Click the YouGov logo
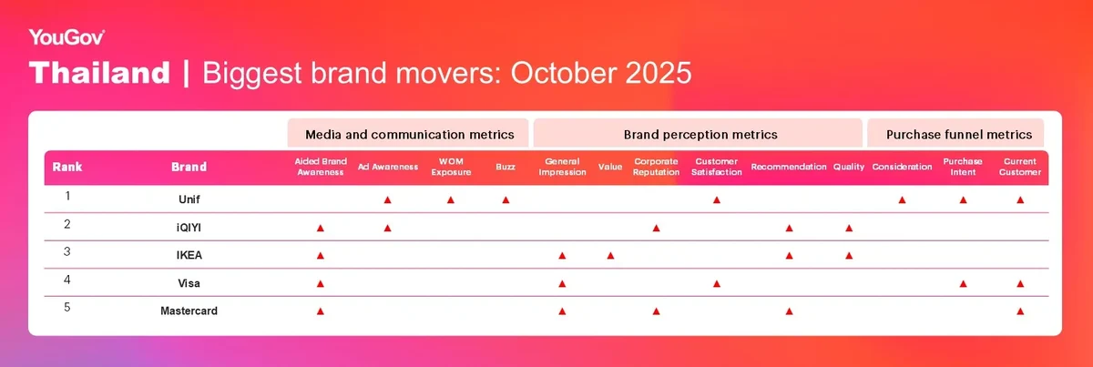point(66,37)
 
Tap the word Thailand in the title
point(99,73)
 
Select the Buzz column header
point(506,167)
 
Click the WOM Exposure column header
point(451,167)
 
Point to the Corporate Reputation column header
point(656,167)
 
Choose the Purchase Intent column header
point(963,167)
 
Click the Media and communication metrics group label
point(409,134)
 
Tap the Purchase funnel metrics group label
point(959,134)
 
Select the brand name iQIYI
point(189,228)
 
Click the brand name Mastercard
point(189,311)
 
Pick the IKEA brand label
point(189,255)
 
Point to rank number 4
point(66,280)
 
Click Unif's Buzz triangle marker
point(506,199)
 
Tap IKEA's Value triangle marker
point(610,255)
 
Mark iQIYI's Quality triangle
point(849,228)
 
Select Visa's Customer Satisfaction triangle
point(716,283)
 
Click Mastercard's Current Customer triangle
point(1020,311)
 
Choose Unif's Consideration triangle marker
point(902,199)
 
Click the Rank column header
point(66,167)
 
